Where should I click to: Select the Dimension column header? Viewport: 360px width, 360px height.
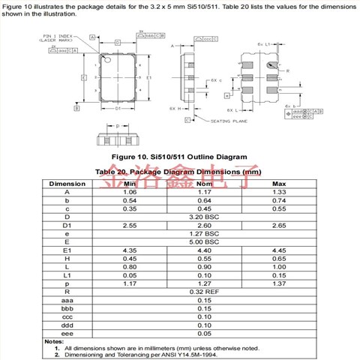pyautogui.click(x=67, y=184)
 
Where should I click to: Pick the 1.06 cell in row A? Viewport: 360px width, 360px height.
pyautogui.click(x=129, y=192)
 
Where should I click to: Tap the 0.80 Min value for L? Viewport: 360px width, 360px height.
pyautogui.click(x=129, y=266)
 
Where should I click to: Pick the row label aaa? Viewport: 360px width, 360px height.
pyautogui.click(x=67, y=299)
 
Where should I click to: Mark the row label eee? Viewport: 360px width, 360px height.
pyautogui.click(x=67, y=332)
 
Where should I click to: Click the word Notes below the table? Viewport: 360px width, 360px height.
pyautogui.click(x=53, y=341)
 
